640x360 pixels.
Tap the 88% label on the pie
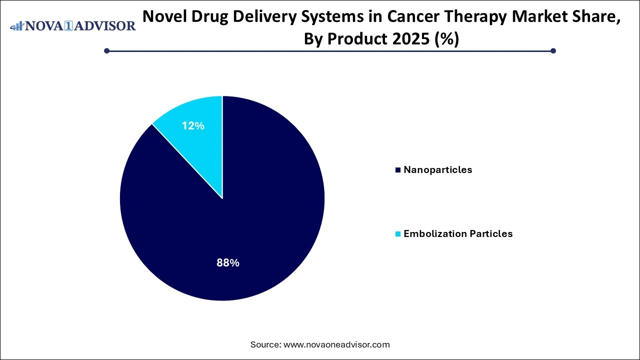click(x=227, y=262)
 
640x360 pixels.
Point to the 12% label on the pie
click(x=193, y=126)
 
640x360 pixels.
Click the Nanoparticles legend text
click(x=437, y=169)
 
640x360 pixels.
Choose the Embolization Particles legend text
click(x=458, y=233)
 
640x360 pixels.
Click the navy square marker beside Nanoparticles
click(x=398, y=170)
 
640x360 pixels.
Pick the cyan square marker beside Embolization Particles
click(x=398, y=234)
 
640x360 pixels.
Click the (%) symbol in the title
click(x=447, y=38)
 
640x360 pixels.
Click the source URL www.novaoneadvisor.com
click(x=336, y=344)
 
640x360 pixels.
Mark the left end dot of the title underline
click(x=106, y=50)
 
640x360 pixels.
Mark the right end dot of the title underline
click(x=553, y=50)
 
